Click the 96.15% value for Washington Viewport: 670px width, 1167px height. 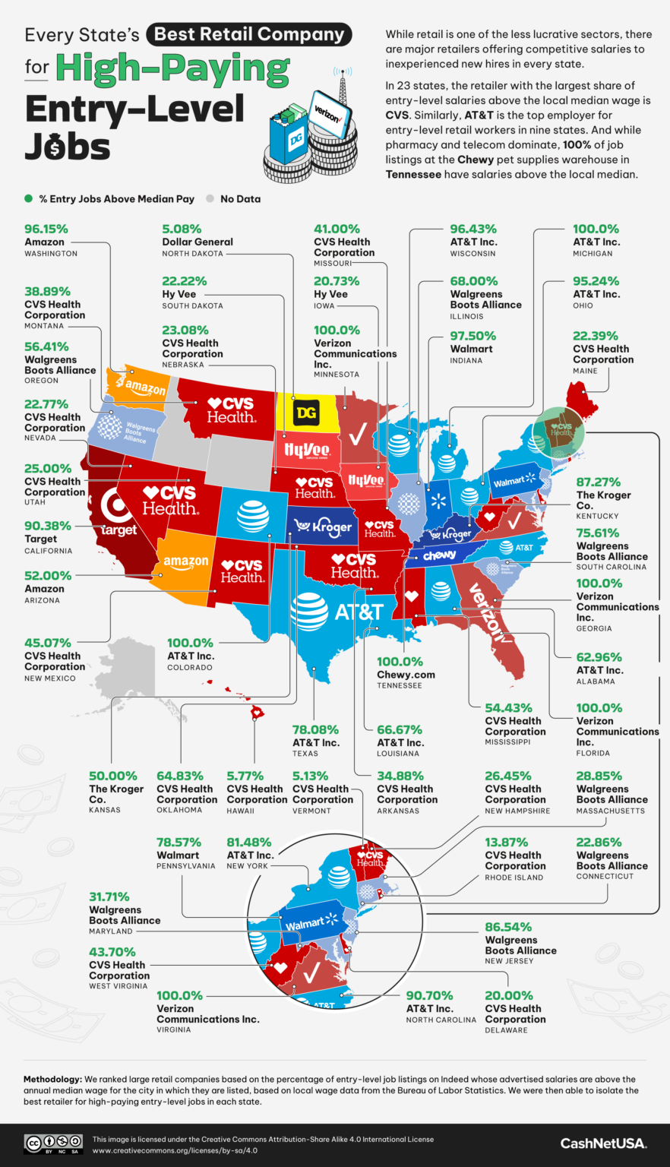tap(46, 229)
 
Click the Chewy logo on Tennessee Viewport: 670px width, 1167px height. tap(439, 555)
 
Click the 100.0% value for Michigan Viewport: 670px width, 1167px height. tap(596, 229)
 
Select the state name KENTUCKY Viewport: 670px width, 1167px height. tap(597, 516)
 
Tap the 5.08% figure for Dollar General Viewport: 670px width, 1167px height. tap(182, 229)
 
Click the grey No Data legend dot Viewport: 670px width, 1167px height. tap(210, 199)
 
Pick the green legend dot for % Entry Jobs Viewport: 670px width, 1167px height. tap(29, 199)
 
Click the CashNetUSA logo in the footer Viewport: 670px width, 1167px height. tap(602, 1143)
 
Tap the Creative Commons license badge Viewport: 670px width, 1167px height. tap(54, 1143)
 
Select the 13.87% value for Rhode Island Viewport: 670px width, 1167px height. tap(509, 842)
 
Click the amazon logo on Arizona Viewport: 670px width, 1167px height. tap(186, 562)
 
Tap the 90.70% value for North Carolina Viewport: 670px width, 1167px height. tap(429, 995)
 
